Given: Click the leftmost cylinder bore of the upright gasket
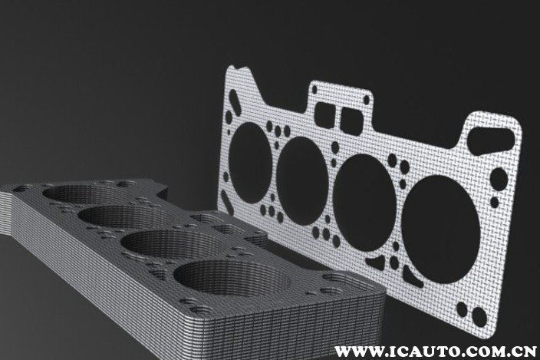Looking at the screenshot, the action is (250, 163).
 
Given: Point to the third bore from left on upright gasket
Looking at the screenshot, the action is (364, 203).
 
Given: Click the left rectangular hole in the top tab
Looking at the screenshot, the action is (324, 111).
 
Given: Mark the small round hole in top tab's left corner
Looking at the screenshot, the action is (314, 90).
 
